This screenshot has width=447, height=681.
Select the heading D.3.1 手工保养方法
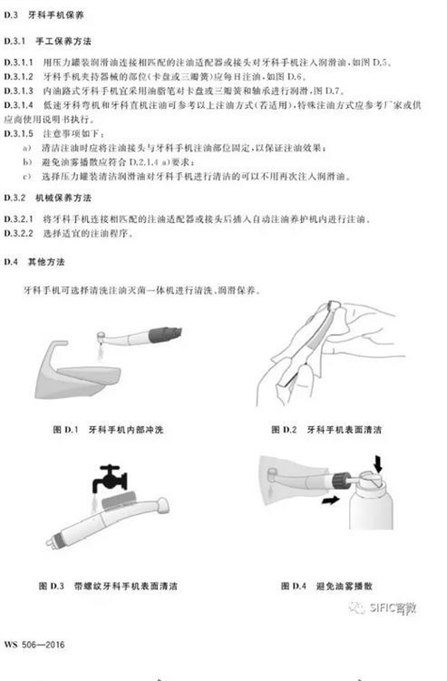pos(49,39)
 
